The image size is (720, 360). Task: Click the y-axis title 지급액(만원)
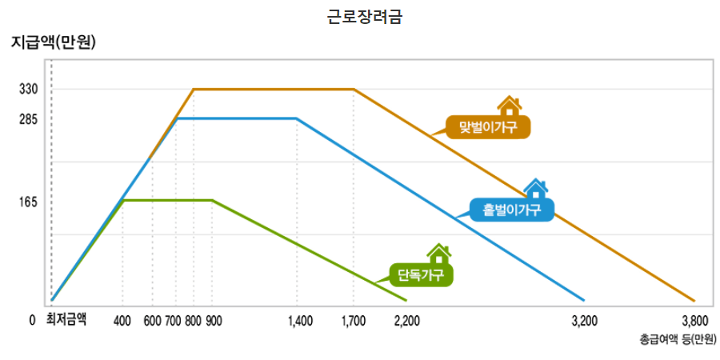click(x=53, y=43)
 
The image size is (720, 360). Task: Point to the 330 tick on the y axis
click(x=29, y=89)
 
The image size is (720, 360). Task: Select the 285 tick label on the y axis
click(x=29, y=119)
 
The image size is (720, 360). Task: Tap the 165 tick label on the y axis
click(x=29, y=202)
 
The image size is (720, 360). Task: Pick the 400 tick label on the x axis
click(x=122, y=321)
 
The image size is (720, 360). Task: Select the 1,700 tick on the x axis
click(x=353, y=321)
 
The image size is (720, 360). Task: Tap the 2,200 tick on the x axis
click(x=407, y=321)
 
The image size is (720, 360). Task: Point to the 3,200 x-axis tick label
click(x=585, y=321)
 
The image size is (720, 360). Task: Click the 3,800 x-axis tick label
click(x=694, y=321)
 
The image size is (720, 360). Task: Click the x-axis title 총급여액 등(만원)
click(x=678, y=339)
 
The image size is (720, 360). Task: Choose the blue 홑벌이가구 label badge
click(x=513, y=210)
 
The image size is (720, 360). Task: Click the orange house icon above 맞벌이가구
click(x=509, y=105)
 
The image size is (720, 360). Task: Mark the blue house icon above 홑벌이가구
click(x=535, y=189)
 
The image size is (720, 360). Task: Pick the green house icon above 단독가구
click(x=438, y=254)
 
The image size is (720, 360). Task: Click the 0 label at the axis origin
click(x=32, y=321)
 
